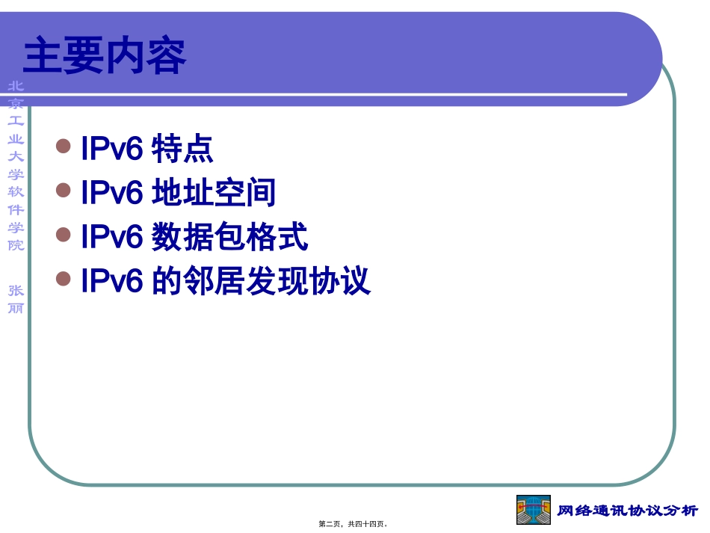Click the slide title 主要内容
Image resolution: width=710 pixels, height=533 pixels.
(x=105, y=58)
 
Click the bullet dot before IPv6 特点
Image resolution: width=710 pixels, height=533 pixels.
(x=64, y=147)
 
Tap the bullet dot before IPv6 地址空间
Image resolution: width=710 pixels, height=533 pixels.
(x=64, y=191)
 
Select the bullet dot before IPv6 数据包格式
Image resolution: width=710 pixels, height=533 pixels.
(x=64, y=235)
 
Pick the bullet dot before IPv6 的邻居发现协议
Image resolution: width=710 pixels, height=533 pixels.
(x=64, y=280)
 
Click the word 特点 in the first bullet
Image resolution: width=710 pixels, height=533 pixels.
(x=182, y=149)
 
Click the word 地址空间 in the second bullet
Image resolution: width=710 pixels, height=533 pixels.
(x=214, y=193)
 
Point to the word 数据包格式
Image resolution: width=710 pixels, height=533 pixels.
(x=229, y=238)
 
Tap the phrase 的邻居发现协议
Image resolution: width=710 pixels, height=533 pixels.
(x=261, y=282)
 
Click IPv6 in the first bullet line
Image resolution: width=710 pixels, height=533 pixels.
(x=111, y=149)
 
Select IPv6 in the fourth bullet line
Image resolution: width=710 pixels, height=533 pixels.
(x=111, y=282)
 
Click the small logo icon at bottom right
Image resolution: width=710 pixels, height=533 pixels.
(x=534, y=510)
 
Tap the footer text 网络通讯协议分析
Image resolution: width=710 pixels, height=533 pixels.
(x=628, y=511)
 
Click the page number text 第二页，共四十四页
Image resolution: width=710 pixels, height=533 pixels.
(x=354, y=524)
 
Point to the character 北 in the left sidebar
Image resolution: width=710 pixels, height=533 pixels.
(x=16, y=86)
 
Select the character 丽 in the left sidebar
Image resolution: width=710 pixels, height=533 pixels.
(x=16, y=307)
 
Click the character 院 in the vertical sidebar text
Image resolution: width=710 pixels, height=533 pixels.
(x=16, y=244)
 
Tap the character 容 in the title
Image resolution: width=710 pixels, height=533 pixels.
(x=165, y=58)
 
